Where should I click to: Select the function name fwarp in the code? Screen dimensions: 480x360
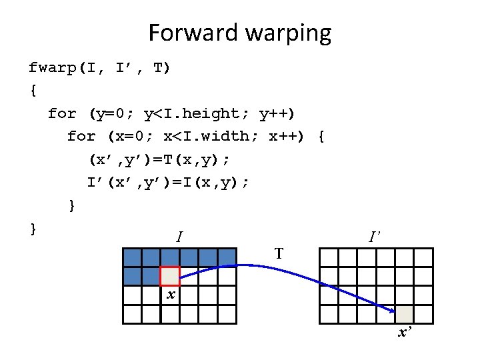(53, 67)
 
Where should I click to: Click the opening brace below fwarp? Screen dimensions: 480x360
(33, 91)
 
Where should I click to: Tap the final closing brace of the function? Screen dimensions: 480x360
(33, 229)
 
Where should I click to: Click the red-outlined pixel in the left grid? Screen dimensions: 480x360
(170, 276)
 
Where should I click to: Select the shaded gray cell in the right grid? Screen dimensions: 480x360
(404, 314)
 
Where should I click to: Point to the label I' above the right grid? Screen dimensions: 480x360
(375, 236)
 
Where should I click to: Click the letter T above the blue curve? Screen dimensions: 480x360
(279, 253)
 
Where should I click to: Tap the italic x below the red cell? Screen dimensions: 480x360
(171, 294)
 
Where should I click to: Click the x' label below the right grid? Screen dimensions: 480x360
(404, 332)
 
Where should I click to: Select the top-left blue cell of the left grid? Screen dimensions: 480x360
(131, 257)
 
